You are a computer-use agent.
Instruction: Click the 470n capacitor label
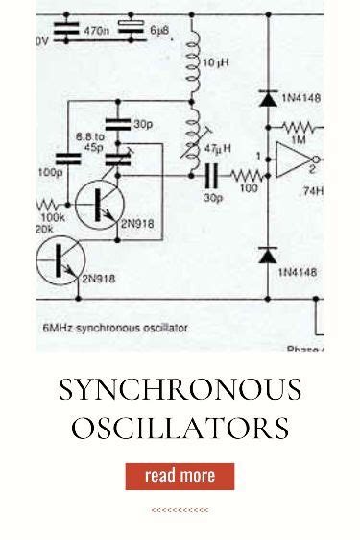96,31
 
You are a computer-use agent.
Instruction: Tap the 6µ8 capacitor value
159,31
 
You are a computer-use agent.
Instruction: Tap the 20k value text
45,231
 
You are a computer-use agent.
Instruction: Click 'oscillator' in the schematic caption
163,328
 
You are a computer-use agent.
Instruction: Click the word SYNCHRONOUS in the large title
180,390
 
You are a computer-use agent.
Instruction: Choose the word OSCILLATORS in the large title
180,427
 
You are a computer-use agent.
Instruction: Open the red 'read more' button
180,476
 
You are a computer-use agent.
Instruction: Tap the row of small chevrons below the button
180,510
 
